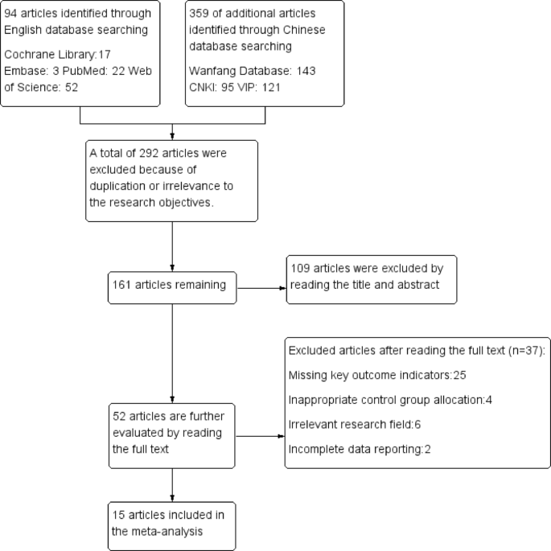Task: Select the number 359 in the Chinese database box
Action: [202, 13]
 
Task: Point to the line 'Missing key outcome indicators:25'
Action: [369, 375]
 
